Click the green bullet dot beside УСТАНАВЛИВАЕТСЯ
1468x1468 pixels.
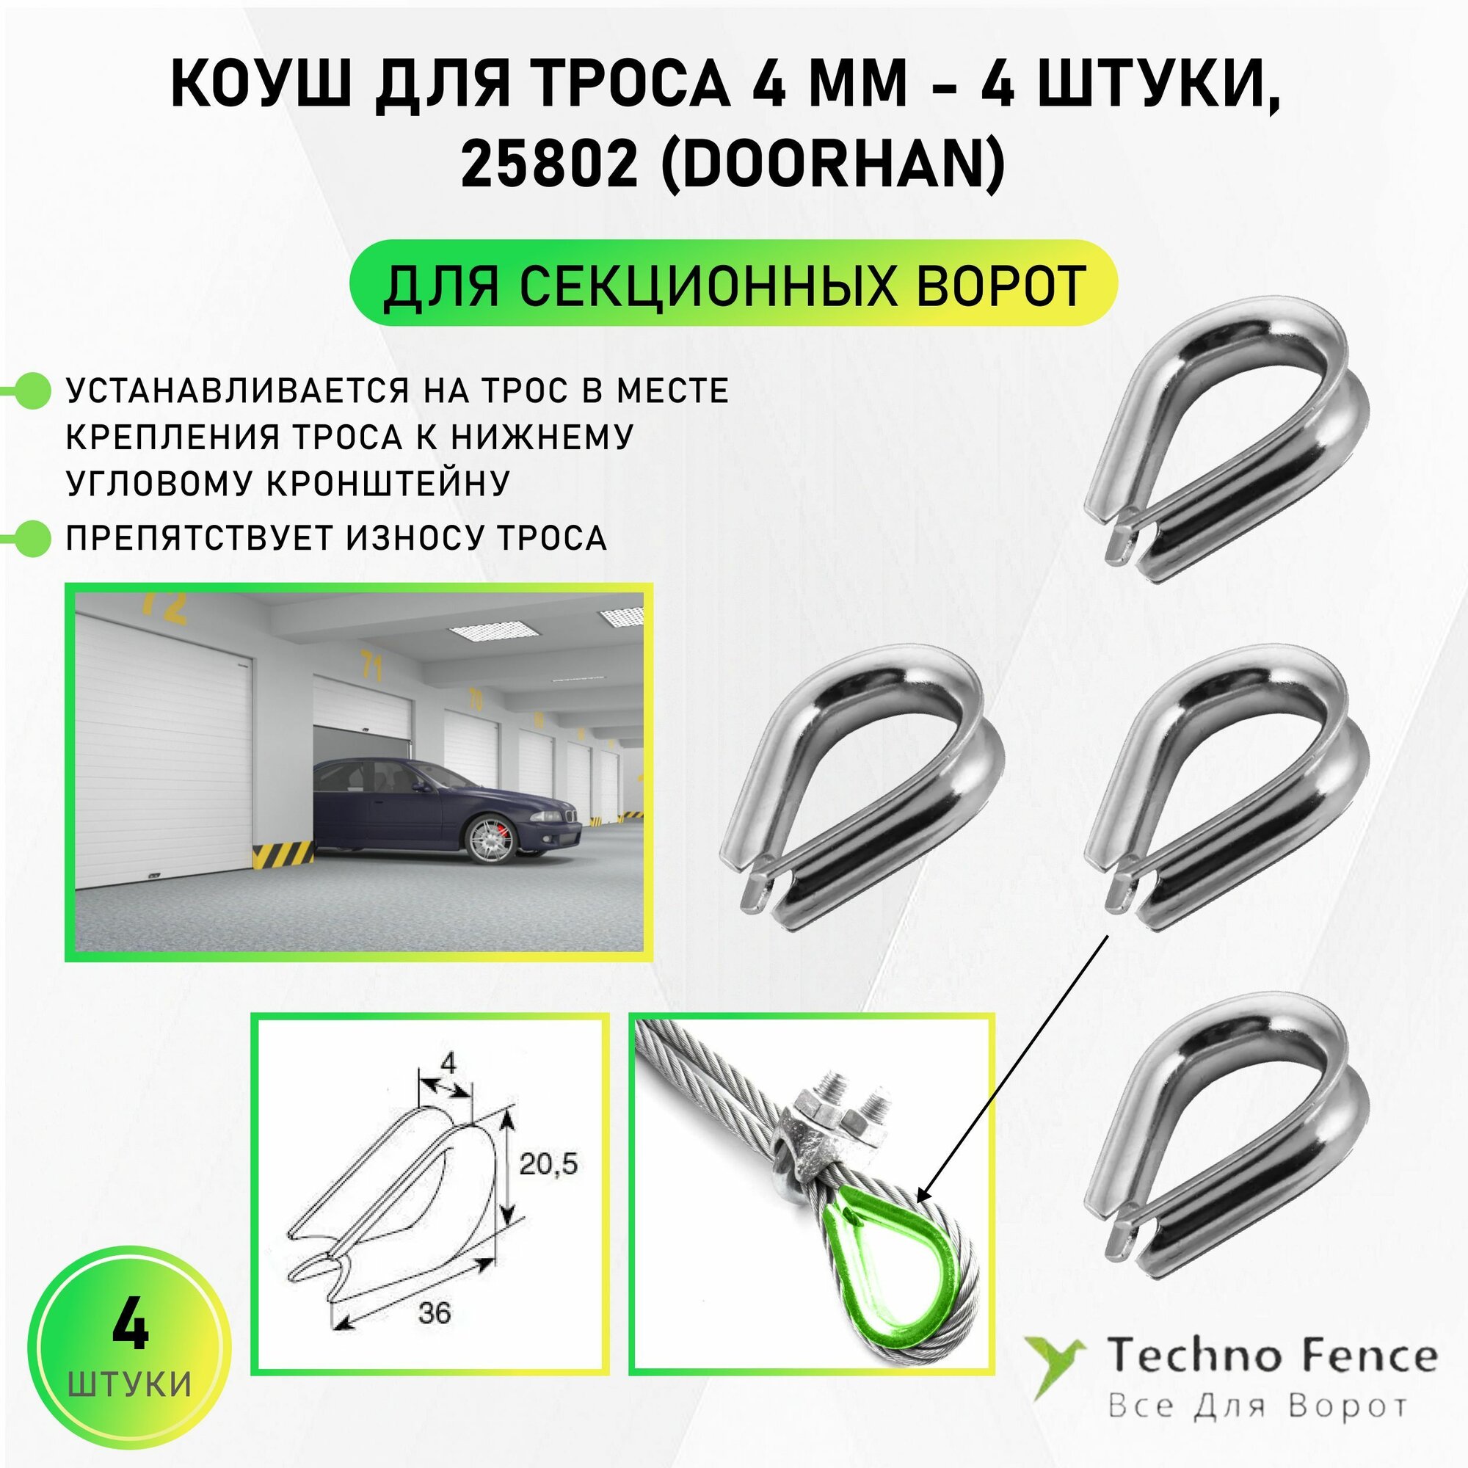[x=33, y=390]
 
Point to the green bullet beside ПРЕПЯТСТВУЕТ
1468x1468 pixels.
[x=33, y=538]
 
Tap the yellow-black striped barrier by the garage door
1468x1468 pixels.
[x=283, y=854]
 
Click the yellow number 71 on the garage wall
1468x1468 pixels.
[x=371, y=666]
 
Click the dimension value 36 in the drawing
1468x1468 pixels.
[x=434, y=1312]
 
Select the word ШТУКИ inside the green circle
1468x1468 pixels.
[x=130, y=1384]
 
